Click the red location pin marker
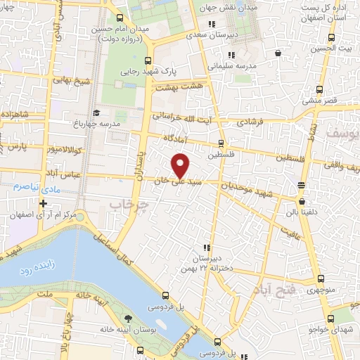coord(181,165)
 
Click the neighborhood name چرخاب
coord(127,205)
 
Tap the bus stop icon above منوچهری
coord(320,278)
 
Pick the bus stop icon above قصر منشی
coord(320,89)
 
